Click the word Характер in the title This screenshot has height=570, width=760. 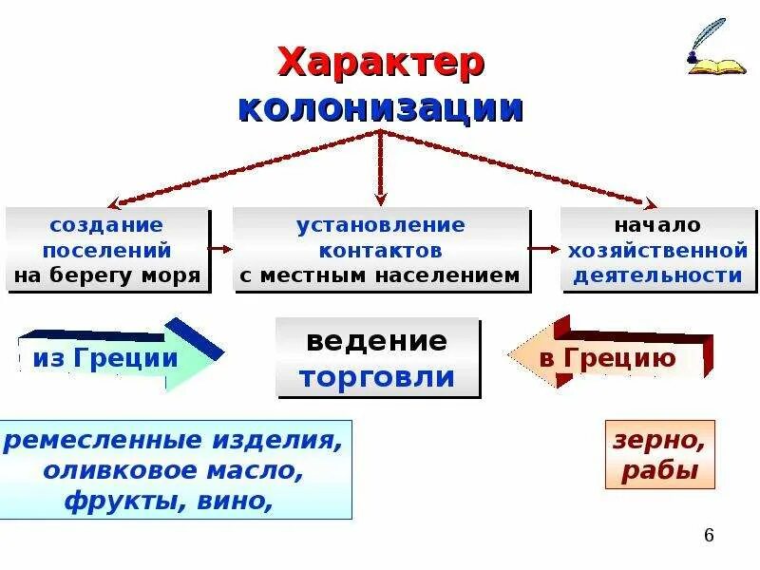[x=380, y=64]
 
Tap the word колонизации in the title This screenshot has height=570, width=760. [x=380, y=107]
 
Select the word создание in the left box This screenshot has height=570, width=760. [x=107, y=225]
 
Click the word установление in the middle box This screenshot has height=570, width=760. [x=380, y=225]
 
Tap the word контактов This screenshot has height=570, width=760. [x=380, y=251]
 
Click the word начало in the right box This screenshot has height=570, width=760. [x=656, y=225]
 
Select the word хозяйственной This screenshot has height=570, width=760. [x=657, y=251]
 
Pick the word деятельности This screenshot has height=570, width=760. [x=657, y=276]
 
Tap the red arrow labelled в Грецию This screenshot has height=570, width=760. [x=608, y=358]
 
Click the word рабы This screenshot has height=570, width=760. [x=659, y=472]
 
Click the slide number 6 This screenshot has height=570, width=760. [x=709, y=537]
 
